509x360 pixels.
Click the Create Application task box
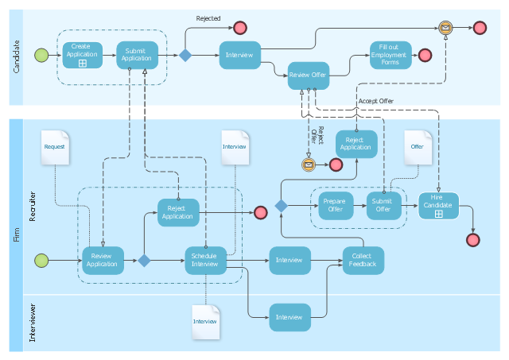click(83, 55)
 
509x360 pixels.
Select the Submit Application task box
click(138, 55)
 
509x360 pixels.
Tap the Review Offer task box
click(309, 75)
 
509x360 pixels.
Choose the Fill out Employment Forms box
click(390, 55)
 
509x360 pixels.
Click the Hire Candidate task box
click(438, 206)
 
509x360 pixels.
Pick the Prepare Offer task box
click(336, 206)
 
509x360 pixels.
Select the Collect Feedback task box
click(363, 261)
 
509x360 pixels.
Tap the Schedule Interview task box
click(205, 261)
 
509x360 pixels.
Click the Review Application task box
click(103, 261)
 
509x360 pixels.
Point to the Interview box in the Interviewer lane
click(289, 317)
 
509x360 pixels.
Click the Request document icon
click(55, 148)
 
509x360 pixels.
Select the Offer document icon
click(418, 148)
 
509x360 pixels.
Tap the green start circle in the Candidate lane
click(41, 55)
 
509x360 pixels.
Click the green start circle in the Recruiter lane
click(41, 261)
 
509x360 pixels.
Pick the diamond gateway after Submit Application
click(185, 55)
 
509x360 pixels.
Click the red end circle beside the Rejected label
click(240, 28)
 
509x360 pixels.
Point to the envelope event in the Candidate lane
click(445, 28)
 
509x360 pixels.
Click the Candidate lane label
click(16, 56)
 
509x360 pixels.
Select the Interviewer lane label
click(33, 323)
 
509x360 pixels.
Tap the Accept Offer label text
click(376, 101)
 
